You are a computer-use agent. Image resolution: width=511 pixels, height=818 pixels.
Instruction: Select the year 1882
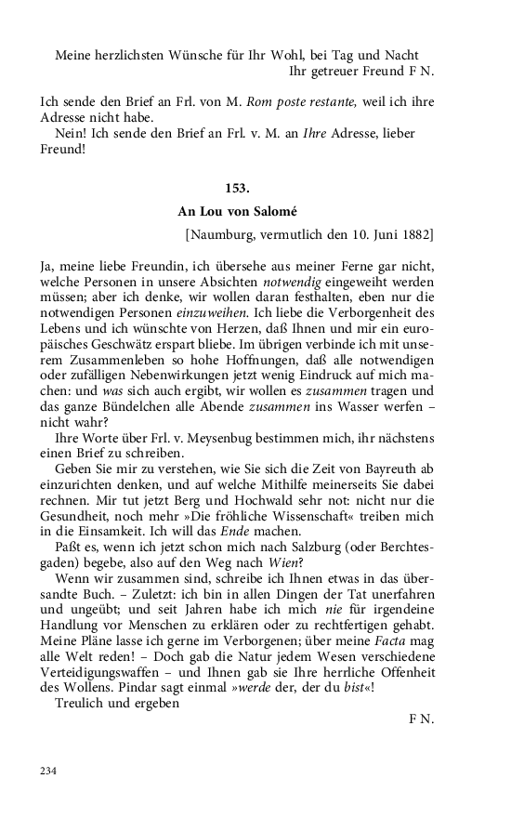click(x=414, y=233)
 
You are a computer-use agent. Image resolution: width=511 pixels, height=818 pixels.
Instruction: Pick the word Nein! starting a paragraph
click(x=73, y=134)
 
